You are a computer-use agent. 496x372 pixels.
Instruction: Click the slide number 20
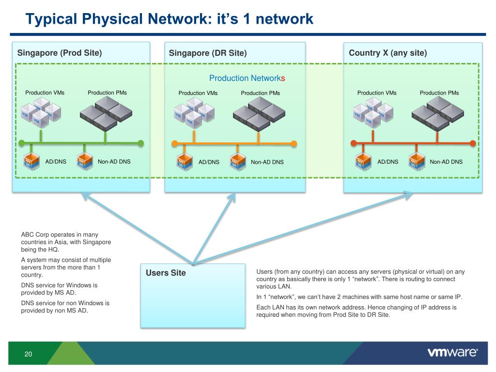pos(28,354)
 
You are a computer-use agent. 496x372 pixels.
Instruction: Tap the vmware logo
pos(452,353)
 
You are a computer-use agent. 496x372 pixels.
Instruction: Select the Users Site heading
pos(166,273)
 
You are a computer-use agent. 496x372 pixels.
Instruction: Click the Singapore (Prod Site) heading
pos(60,53)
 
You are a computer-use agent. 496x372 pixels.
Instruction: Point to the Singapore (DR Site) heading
pos(208,53)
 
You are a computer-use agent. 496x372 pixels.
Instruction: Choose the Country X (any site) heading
pos(387,53)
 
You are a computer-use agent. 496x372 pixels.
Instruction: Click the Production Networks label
pos(247,78)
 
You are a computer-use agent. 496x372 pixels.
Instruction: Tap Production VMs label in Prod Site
pos(45,93)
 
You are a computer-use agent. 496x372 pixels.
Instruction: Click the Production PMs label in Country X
pos(439,93)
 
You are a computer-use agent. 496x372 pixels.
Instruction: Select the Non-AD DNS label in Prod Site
pos(114,162)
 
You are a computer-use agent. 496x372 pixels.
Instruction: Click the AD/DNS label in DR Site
pos(209,162)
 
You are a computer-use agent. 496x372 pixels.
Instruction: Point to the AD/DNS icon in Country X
pos(361,162)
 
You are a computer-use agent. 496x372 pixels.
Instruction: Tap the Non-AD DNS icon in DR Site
pos(235,162)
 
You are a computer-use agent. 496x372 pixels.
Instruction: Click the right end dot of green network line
pos(141,143)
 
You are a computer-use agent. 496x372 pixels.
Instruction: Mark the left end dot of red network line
pos(354,143)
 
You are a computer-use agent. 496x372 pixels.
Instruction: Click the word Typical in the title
pos(52,19)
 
